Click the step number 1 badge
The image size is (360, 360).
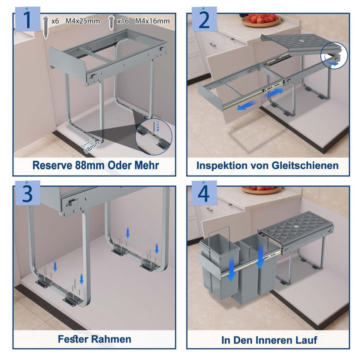pyautogui.click(x=27, y=19)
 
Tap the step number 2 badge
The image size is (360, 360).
pyautogui.click(x=204, y=19)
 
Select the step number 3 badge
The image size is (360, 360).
pyautogui.click(x=27, y=193)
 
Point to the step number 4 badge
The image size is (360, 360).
pyautogui.click(x=204, y=193)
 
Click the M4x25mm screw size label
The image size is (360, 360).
pyautogui.click(x=82, y=21)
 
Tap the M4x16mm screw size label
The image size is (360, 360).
pyautogui.click(x=152, y=21)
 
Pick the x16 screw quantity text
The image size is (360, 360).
pyautogui.click(x=122, y=21)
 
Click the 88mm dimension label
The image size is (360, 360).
pyautogui.click(x=91, y=147)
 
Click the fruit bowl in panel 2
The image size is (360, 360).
pyautogui.click(x=261, y=20)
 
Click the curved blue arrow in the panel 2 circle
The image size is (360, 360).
pyautogui.click(x=332, y=62)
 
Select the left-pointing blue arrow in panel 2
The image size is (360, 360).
pyautogui.click(x=246, y=105)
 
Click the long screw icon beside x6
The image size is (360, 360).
pyautogui.click(x=46, y=27)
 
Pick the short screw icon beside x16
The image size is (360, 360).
pyautogui.click(x=111, y=22)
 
